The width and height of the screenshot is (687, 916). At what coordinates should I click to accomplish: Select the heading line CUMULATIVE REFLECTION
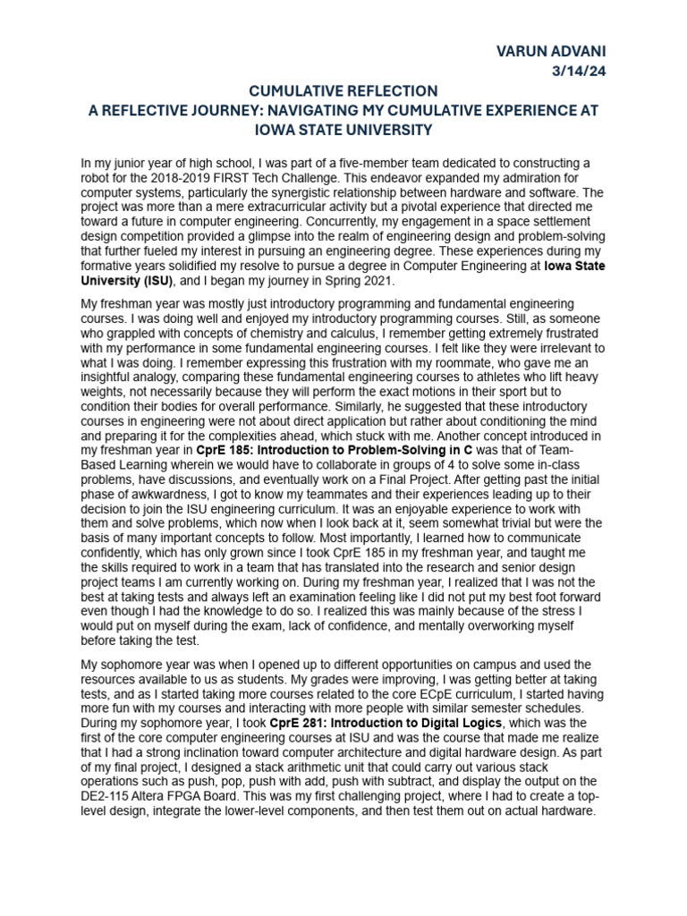pyautogui.click(x=343, y=91)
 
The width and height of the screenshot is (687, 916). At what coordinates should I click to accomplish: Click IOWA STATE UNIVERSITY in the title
pyautogui.click(x=343, y=130)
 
